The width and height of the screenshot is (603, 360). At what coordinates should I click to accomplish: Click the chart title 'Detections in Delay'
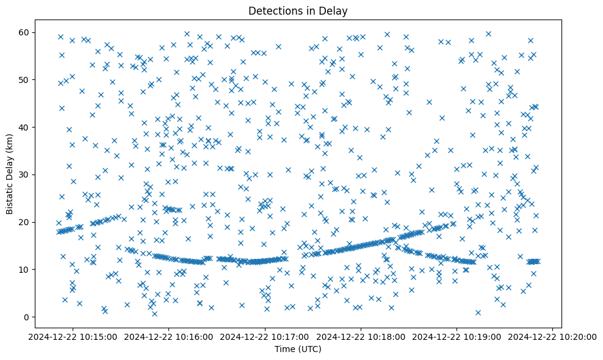298,10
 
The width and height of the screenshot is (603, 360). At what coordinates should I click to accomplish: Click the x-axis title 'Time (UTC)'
298,350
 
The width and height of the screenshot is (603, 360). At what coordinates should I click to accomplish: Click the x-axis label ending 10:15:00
73,336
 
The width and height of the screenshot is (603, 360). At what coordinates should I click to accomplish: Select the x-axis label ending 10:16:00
169,336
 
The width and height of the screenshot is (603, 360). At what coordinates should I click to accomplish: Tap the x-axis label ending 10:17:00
265,336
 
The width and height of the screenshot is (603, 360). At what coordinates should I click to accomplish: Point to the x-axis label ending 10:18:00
361,336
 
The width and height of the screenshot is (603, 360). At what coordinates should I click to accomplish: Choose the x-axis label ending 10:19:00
457,336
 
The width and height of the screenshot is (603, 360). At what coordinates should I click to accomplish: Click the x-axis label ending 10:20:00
552,336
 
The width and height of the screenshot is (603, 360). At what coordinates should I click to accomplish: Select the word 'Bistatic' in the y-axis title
10,195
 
